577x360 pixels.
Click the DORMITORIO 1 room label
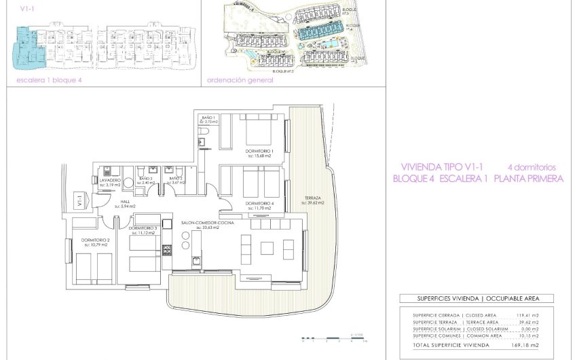click(259, 151)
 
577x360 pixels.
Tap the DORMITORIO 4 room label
click(259, 204)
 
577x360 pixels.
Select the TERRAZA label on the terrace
click(313, 198)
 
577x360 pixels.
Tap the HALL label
click(126, 202)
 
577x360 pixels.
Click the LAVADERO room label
click(110, 180)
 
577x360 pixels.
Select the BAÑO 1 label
click(208, 118)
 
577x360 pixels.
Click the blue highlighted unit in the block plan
click(26, 49)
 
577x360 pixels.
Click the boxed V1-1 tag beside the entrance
click(79, 201)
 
